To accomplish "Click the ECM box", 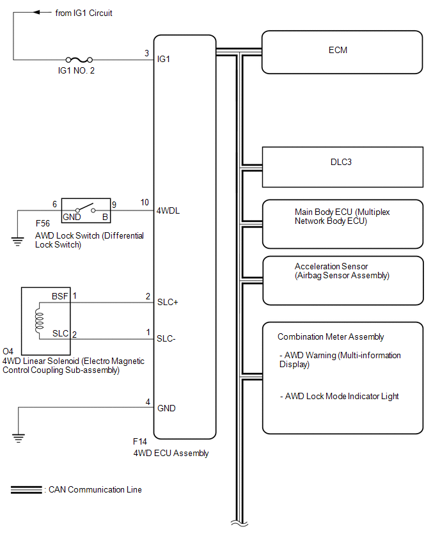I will (x=342, y=51).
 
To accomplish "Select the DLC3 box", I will (x=342, y=166).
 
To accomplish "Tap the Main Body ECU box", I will (x=342, y=223).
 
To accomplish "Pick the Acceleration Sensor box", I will (x=342, y=280).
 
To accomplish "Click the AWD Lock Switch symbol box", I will (x=85, y=210).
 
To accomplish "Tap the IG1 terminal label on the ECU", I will (x=164, y=59).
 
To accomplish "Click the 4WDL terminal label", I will (x=169, y=210).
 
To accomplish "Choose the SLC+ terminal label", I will (x=168, y=303).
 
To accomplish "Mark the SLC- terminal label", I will (x=166, y=338).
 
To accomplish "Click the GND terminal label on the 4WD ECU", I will (x=166, y=408).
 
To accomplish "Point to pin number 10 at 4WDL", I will (x=145, y=203).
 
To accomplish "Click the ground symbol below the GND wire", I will (x=19, y=438).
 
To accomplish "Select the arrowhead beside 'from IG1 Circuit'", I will (x=37, y=13).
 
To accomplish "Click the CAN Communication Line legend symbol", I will (x=26, y=490).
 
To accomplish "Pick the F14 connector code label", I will (x=139, y=442).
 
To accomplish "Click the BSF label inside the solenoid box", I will (x=59, y=297).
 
